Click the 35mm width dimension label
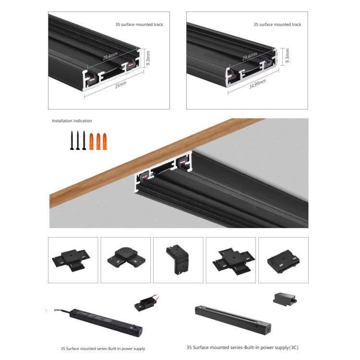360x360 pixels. tap(120, 84)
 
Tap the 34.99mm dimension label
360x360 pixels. tap(258, 84)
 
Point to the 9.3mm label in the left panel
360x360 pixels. tap(148, 58)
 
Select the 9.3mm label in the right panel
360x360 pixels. tap(287, 56)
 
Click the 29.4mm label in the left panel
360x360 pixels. tap(110, 56)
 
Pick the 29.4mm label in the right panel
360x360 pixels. tap(250, 57)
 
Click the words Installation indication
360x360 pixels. tap(72, 121)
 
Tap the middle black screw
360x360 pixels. tap(78, 140)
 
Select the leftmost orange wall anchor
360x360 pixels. tap(91, 141)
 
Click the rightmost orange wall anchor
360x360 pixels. tap(105, 141)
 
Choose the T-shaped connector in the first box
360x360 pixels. tap(71, 260)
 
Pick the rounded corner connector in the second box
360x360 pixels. tap(126, 258)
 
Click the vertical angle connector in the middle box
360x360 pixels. tap(178, 259)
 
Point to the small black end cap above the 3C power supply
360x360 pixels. tap(285, 300)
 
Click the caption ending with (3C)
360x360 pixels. tap(242, 348)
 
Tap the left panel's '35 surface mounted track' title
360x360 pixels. tap(139, 24)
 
